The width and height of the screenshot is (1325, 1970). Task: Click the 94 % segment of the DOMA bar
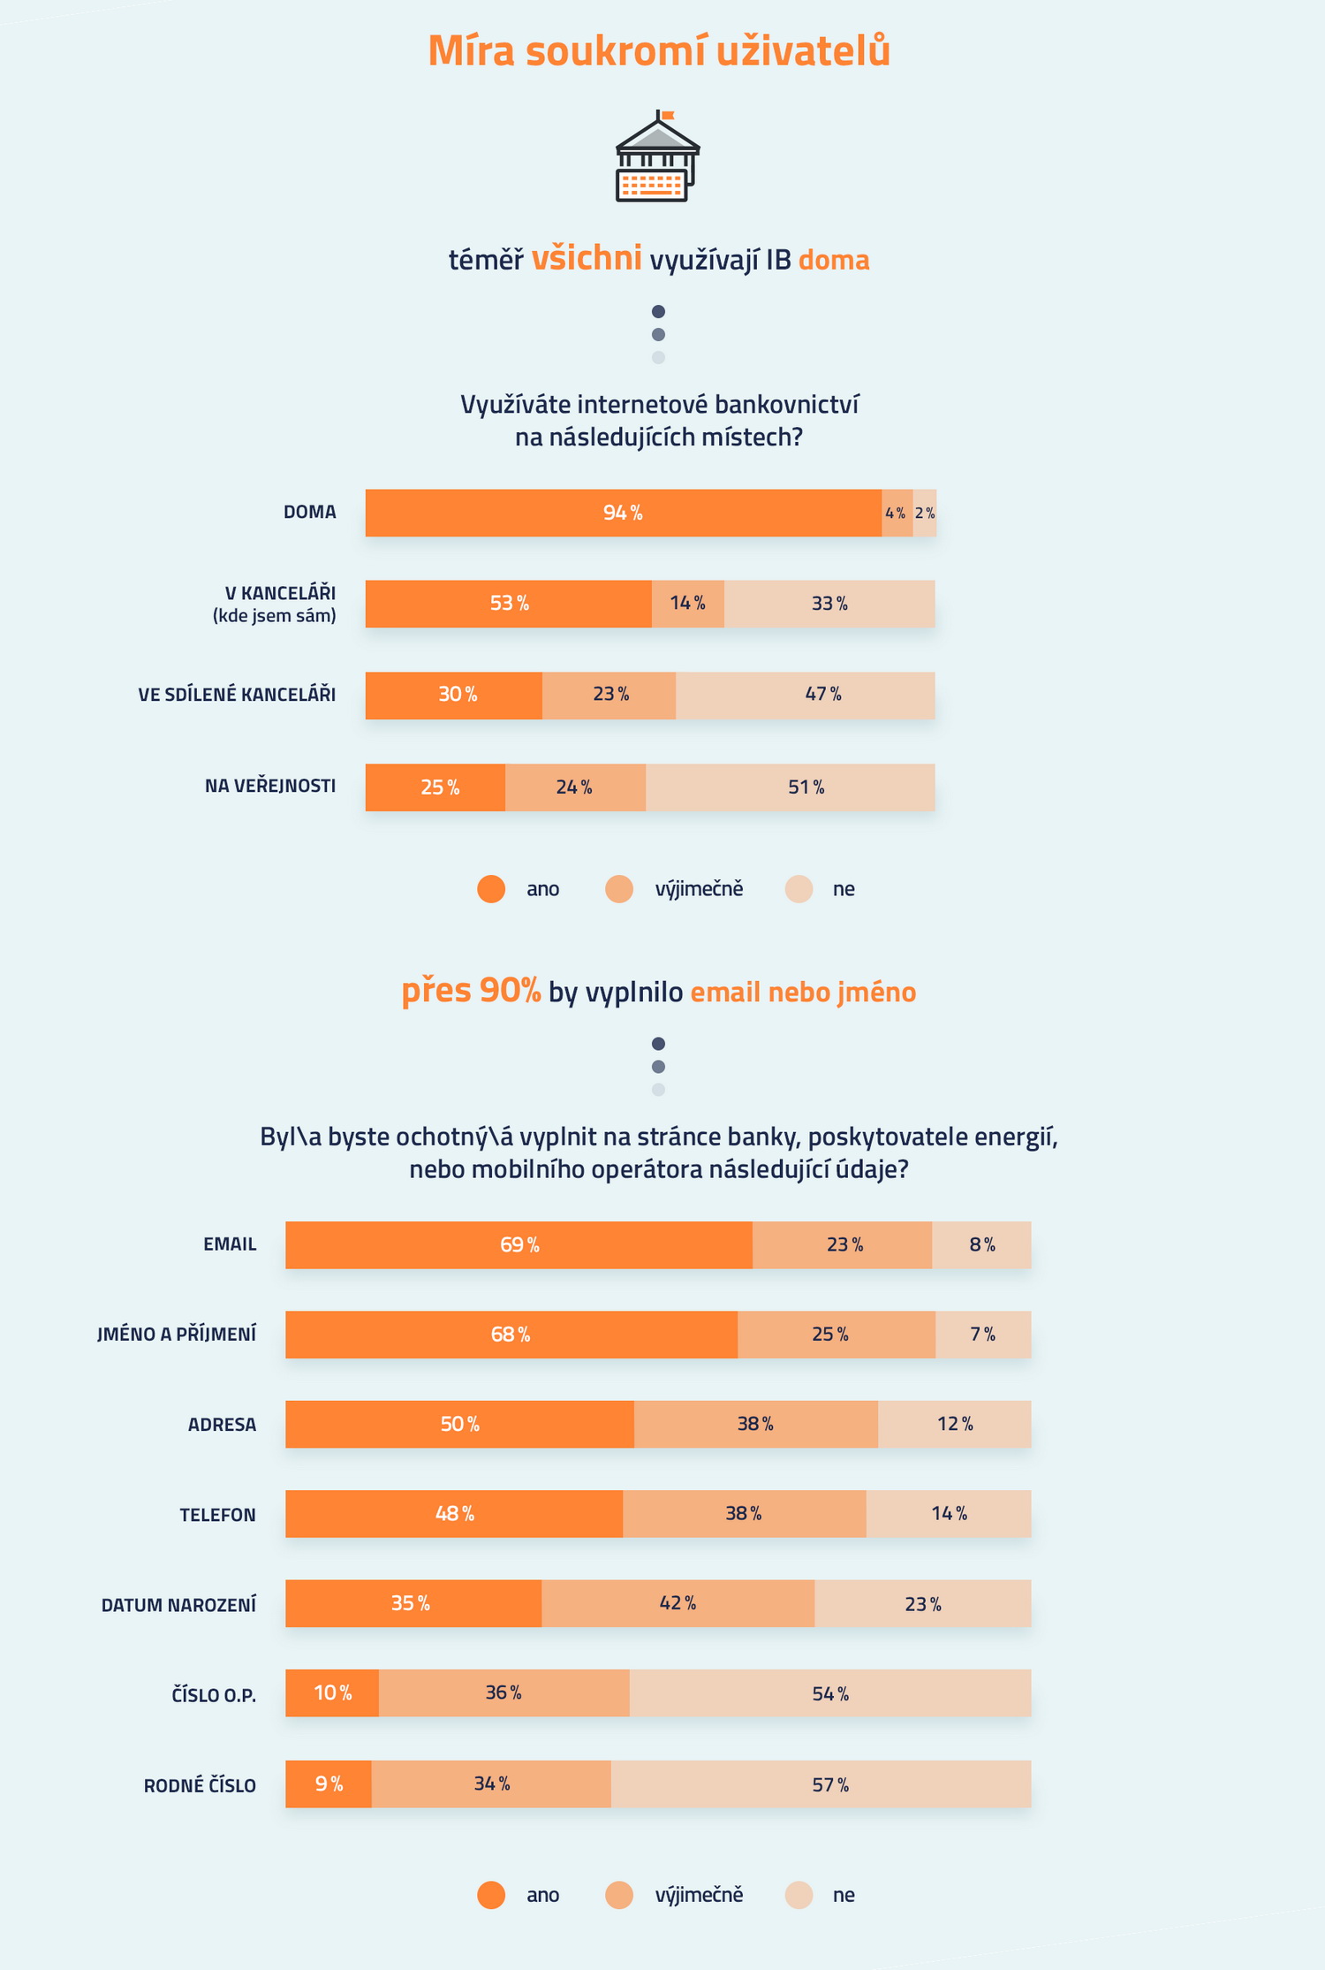pyautogui.click(x=623, y=513)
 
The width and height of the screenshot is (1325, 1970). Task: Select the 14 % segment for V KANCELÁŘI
pyautogui.click(x=687, y=604)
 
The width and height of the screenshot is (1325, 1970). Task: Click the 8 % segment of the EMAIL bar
pyautogui.click(x=981, y=1244)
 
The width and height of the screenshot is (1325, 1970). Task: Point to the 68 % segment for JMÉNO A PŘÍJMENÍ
pyautogui.click(x=511, y=1335)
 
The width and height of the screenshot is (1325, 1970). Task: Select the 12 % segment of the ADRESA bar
pyautogui.click(x=954, y=1424)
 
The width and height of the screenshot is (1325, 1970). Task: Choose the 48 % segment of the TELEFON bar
pyautogui.click(x=454, y=1514)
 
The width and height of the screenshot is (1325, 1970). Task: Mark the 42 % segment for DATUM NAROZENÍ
pyautogui.click(x=678, y=1603)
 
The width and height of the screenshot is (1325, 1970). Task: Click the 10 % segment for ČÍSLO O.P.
pyautogui.click(x=332, y=1693)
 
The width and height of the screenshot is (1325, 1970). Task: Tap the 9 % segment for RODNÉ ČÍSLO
pyautogui.click(x=329, y=1784)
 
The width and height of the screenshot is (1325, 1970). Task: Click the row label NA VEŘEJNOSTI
pyautogui.click(x=270, y=786)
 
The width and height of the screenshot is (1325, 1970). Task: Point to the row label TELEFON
pyautogui.click(x=217, y=1515)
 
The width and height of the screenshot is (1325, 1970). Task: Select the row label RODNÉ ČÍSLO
pyautogui.click(x=200, y=1785)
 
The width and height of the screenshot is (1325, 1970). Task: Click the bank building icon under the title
pyautogui.click(x=657, y=159)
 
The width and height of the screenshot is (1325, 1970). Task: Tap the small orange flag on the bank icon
pyautogui.click(x=668, y=115)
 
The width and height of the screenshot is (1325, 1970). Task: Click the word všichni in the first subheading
pyautogui.click(x=586, y=258)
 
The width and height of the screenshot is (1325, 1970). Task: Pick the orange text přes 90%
pyautogui.click(x=471, y=991)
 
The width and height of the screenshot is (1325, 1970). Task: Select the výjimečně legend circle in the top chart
pyautogui.click(x=619, y=889)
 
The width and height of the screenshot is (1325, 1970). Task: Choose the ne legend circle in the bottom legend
pyautogui.click(x=799, y=1895)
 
